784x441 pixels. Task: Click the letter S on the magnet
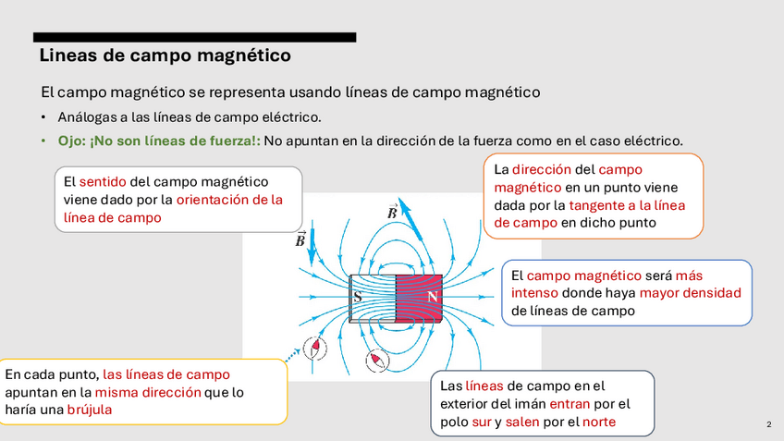[x=358, y=298]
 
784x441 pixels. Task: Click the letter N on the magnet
[x=433, y=298]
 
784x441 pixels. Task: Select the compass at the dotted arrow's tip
[x=316, y=347]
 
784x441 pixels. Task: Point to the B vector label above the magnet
[x=393, y=212]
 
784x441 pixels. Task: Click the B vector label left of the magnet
[x=300, y=239]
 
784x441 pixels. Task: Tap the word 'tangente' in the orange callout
[x=600, y=204]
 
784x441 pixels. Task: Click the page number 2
[x=768, y=424]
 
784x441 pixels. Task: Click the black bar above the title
[x=194, y=37]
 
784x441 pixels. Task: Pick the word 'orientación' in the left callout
[x=217, y=199]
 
